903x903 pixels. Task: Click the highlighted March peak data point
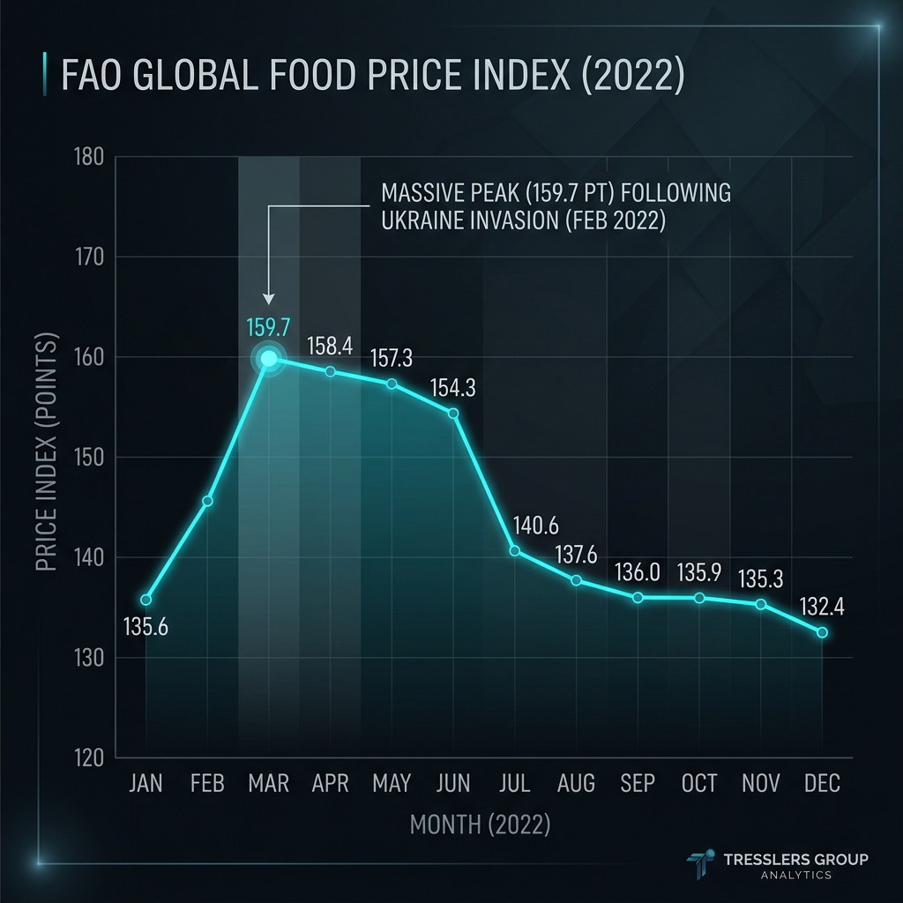pos(268,359)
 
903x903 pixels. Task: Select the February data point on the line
pos(207,501)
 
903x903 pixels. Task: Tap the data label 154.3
pos(453,388)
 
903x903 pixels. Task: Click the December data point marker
pos(823,632)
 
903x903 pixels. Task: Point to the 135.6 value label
pos(146,627)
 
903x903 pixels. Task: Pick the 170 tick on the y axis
pos(89,257)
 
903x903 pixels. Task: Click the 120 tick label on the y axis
pos(89,757)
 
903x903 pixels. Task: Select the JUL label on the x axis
pos(514,783)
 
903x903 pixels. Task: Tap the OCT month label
pos(699,783)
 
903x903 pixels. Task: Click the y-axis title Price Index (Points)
pos(47,452)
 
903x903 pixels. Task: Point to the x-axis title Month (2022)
pos(481,825)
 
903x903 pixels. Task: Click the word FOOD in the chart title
pos(311,74)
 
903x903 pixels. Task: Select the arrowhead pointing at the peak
pos(268,298)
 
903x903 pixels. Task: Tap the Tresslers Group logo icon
pos(701,864)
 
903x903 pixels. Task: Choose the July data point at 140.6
pos(515,551)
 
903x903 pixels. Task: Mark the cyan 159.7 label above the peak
pos(268,327)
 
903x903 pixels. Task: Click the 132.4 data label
pos(822,607)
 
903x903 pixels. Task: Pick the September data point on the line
pos(638,598)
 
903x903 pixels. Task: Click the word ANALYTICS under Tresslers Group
pos(796,876)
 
